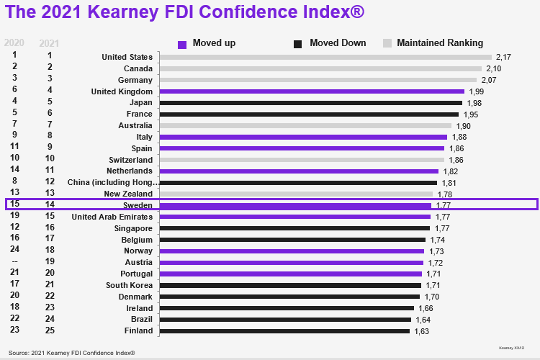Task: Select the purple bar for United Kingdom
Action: click(x=312, y=91)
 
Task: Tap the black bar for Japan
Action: click(x=310, y=103)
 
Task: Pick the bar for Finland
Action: click(x=284, y=331)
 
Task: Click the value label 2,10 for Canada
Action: click(x=493, y=68)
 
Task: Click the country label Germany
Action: click(x=135, y=80)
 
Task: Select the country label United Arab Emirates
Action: click(x=112, y=217)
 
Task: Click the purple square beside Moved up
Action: click(x=182, y=44)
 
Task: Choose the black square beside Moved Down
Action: click(x=298, y=44)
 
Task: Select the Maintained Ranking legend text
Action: click(x=440, y=43)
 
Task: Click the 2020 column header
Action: click(x=14, y=42)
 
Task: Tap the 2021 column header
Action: click(x=49, y=42)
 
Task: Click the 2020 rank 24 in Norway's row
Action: click(x=14, y=251)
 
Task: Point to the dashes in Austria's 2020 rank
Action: click(x=14, y=262)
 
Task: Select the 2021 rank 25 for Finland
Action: click(x=49, y=330)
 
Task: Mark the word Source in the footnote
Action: click(x=20, y=353)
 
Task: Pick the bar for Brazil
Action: click(x=285, y=320)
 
